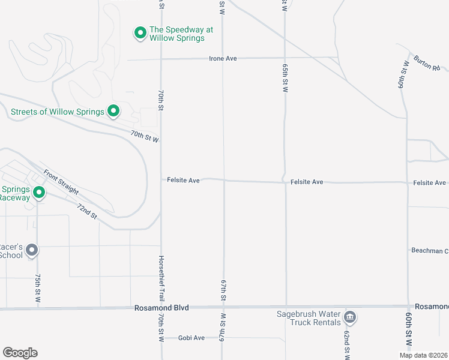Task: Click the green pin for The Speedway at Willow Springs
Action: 140,33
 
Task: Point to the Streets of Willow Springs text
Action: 57,112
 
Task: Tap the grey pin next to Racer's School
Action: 32,250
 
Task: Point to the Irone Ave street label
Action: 223,59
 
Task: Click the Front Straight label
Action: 61,182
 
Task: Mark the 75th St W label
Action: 38,288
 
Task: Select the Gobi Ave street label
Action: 191,338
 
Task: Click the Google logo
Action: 20,353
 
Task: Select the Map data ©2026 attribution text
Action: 423,355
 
